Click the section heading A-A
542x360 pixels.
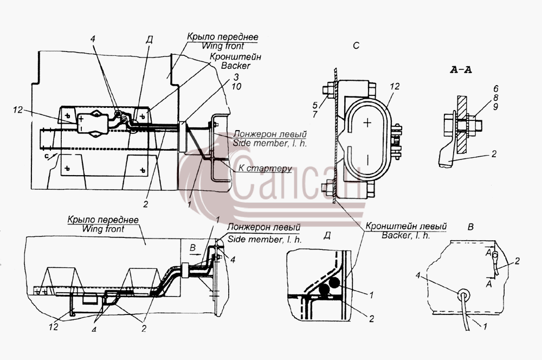pos(461,70)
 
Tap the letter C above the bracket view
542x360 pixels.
pos(357,46)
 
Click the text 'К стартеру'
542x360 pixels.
pos(265,169)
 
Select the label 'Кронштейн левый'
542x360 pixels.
pos(406,227)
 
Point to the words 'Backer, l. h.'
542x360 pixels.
pos(406,235)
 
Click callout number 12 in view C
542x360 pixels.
pos(395,86)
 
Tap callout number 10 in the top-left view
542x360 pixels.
pos(236,86)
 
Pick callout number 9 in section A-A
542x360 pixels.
pos(495,107)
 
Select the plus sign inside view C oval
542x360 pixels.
pos(368,123)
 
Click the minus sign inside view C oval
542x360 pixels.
pos(368,160)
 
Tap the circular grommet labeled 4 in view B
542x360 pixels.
pos(463,295)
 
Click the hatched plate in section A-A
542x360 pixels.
pos(462,125)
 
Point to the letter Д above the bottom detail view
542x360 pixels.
pos(327,236)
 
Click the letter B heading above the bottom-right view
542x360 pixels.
pos(470,227)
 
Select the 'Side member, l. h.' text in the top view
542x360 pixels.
pos(269,143)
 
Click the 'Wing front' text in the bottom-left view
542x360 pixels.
pos(103,229)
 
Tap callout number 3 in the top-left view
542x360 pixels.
pos(236,77)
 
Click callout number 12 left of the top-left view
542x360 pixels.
pos(18,110)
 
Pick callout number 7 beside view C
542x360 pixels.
pos(315,114)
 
